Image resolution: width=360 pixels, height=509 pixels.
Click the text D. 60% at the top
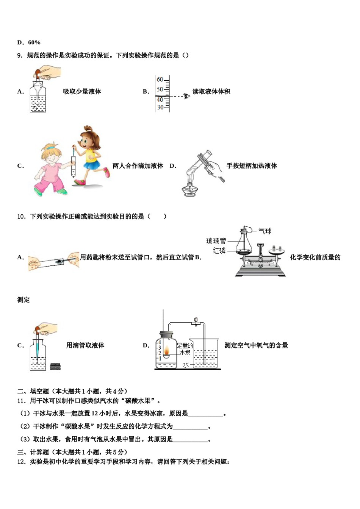[x=29, y=42]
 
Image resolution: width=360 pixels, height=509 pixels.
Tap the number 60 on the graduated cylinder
[x=160, y=80]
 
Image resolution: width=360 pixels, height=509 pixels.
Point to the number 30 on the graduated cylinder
[x=160, y=107]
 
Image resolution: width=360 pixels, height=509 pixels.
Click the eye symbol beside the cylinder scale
[x=186, y=96]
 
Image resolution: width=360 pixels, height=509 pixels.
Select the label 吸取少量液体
[x=82, y=92]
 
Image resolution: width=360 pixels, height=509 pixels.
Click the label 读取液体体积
[x=211, y=92]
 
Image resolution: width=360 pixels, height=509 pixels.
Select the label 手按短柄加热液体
[x=252, y=166]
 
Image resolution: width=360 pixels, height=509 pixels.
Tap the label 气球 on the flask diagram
[x=265, y=231]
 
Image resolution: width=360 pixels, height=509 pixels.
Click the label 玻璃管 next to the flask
[x=216, y=241]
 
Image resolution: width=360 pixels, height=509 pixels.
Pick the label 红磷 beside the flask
[x=219, y=251]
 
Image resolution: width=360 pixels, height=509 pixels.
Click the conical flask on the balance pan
[x=244, y=244]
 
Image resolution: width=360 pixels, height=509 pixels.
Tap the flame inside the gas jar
[x=166, y=352]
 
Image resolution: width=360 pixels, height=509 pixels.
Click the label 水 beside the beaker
[x=186, y=365]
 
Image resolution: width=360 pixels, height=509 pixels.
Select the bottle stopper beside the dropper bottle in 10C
[x=55, y=366]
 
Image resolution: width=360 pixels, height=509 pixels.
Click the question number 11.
[x=21, y=401]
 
